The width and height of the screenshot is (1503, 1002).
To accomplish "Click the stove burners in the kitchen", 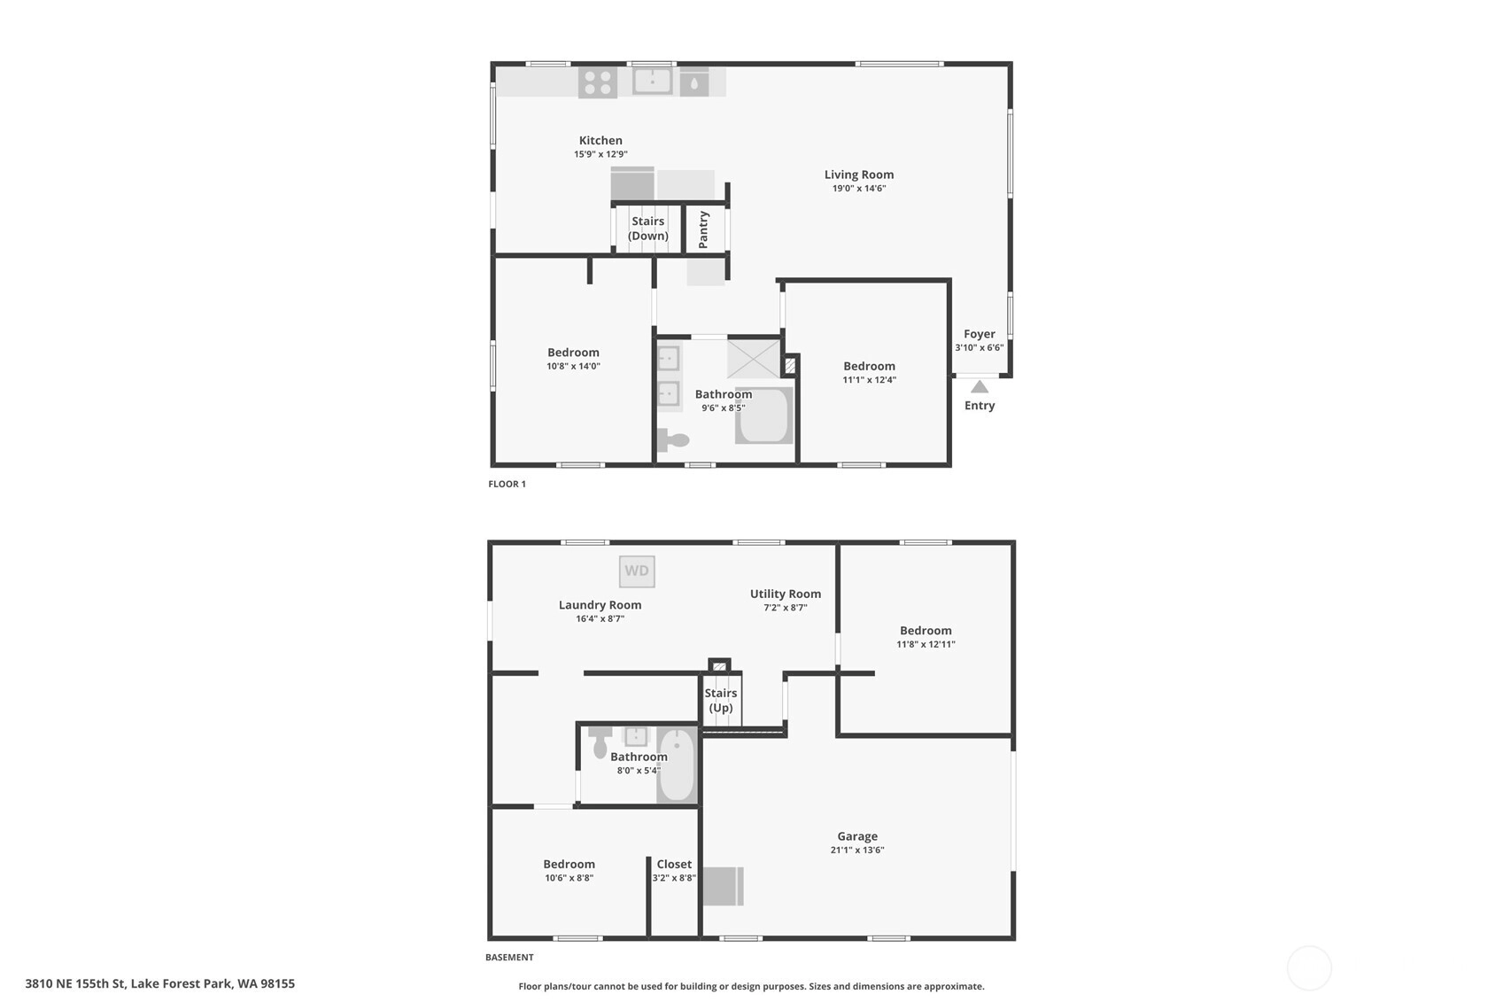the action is click(597, 82).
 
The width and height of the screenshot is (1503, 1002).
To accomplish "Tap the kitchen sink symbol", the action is click(652, 82).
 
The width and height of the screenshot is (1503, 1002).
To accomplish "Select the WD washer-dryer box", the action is click(637, 571).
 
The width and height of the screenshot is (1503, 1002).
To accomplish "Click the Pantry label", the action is click(703, 229).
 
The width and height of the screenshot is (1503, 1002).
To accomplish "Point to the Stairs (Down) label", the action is click(648, 229).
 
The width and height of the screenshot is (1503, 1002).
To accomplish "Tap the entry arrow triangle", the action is click(980, 386).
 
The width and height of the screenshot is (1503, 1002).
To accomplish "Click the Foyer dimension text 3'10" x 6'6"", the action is click(980, 347).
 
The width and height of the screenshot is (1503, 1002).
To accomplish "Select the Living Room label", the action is click(859, 175).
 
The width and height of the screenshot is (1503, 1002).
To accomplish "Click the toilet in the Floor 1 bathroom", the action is click(673, 440).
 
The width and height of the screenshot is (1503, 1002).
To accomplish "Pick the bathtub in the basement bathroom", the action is click(677, 765).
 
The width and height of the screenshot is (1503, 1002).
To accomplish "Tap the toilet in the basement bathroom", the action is click(600, 741).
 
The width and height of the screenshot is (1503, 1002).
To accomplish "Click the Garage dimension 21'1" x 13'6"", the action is click(857, 851).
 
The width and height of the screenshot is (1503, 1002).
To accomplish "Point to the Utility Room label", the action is click(786, 594).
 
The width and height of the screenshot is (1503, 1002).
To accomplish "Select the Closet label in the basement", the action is click(674, 865).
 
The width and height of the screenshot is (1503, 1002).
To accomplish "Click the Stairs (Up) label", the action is click(721, 700).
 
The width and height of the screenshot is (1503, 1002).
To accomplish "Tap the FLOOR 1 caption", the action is click(507, 484).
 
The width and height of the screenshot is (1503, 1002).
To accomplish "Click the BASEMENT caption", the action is click(510, 957).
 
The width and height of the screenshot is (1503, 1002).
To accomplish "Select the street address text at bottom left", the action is click(160, 984).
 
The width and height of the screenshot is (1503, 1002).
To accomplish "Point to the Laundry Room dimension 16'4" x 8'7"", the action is click(600, 618).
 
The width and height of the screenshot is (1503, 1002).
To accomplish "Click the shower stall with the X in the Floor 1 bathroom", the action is click(754, 359).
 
